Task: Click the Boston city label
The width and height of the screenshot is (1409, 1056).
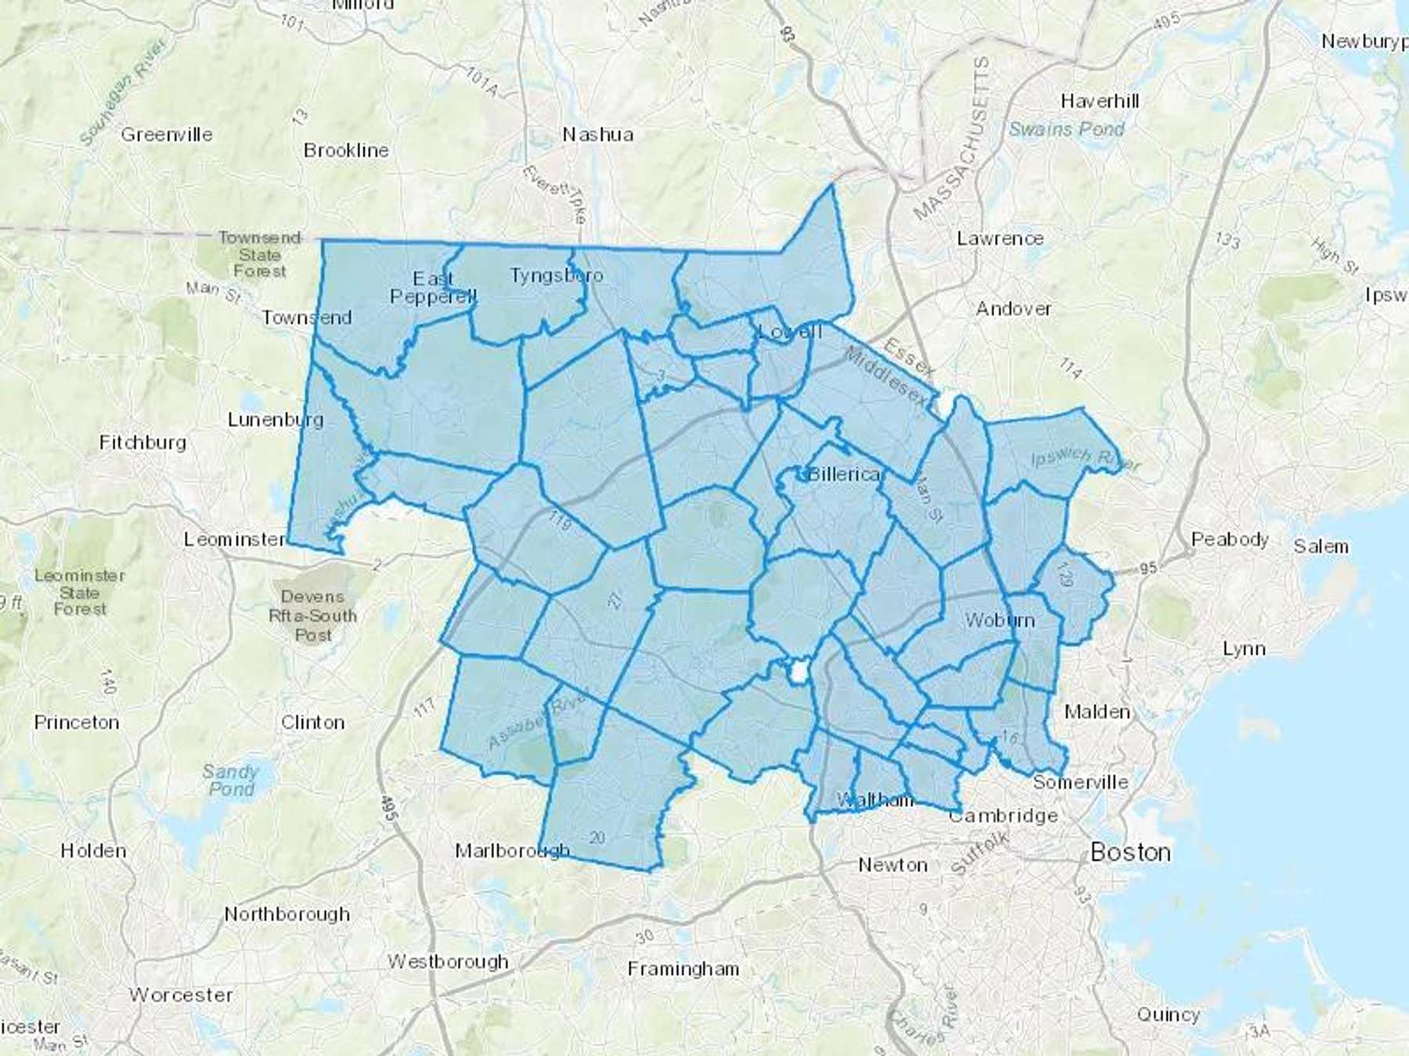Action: (x=1130, y=852)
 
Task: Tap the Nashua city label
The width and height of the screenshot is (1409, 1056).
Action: (x=598, y=135)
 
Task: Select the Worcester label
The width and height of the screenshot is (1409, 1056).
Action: (x=181, y=995)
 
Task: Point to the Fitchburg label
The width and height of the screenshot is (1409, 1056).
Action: (x=142, y=443)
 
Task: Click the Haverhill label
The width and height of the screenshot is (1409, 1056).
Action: (x=1100, y=101)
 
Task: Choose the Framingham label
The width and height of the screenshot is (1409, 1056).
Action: (x=683, y=969)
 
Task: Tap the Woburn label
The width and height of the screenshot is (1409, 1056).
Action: (x=1000, y=620)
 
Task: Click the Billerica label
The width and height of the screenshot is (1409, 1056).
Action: (x=845, y=474)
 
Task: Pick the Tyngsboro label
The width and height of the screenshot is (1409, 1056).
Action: (x=557, y=275)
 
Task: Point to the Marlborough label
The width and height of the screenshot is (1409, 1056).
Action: (x=513, y=850)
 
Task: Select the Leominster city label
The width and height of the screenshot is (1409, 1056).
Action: (x=235, y=539)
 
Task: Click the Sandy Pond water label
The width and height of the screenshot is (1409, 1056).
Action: (x=230, y=780)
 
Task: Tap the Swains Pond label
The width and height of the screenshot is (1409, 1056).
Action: (x=1066, y=129)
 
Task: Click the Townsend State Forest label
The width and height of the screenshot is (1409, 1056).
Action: (x=260, y=254)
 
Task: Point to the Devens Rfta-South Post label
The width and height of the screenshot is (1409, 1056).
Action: (x=312, y=616)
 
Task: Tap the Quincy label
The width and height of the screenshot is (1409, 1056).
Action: (x=1168, y=1015)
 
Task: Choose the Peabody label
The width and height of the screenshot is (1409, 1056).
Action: (x=1230, y=539)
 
